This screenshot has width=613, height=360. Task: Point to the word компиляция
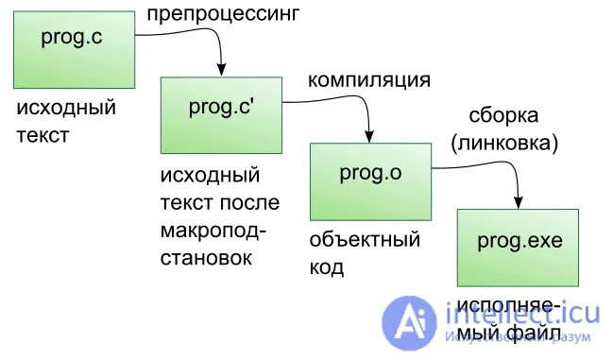coord(369,78)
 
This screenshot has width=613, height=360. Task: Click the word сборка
coord(503,116)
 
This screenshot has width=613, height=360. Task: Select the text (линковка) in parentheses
coord(504,144)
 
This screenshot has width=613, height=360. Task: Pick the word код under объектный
coord(327,268)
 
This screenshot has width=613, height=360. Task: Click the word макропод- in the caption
coord(213,231)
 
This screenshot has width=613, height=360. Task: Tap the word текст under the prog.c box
coord(43,136)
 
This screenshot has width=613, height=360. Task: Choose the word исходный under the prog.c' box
coord(209,176)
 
